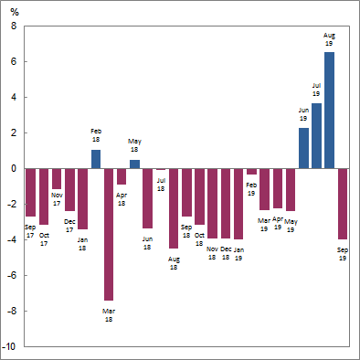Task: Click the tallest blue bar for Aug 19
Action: click(x=329, y=110)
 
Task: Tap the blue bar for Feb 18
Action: click(x=96, y=159)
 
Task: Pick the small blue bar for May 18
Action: click(x=134, y=164)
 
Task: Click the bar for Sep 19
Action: click(x=343, y=203)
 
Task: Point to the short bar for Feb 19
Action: click(x=251, y=172)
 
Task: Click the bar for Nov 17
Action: click(x=57, y=179)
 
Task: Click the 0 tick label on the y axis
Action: click(x=14, y=169)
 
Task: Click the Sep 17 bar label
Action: click(x=30, y=231)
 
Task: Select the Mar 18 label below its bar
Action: click(x=109, y=315)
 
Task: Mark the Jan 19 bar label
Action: click(x=238, y=254)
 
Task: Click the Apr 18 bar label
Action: click(x=122, y=198)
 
